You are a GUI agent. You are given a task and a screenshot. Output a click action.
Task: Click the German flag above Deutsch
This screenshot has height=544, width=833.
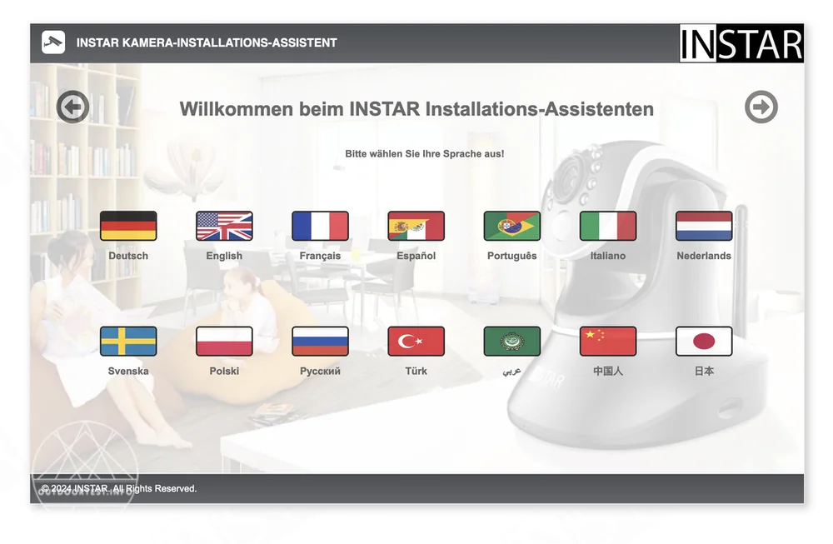click(x=128, y=226)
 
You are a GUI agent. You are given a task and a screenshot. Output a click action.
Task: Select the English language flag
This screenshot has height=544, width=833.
click(x=224, y=226)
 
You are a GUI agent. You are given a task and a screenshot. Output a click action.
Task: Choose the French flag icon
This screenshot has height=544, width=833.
click(x=321, y=226)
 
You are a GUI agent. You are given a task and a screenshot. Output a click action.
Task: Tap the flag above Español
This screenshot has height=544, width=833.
click(x=416, y=226)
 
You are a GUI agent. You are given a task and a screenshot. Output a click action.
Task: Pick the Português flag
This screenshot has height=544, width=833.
click(x=512, y=226)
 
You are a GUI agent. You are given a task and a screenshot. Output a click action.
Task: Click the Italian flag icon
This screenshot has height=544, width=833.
click(x=608, y=226)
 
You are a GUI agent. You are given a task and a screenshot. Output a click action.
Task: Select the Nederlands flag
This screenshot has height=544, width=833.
click(x=704, y=226)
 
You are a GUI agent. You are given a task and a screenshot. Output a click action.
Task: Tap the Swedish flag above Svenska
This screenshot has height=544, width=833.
click(x=128, y=341)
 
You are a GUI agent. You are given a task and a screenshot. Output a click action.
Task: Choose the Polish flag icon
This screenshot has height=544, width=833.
click(x=224, y=341)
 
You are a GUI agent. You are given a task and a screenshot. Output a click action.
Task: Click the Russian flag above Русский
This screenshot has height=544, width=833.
click(x=321, y=341)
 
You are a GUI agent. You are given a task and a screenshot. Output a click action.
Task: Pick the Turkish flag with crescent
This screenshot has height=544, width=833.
click(x=416, y=341)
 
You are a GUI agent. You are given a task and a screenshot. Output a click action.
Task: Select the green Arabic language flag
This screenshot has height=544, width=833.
click(x=512, y=341)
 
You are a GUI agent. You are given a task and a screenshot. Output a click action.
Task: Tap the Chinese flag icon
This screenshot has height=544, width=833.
click(x=608, y=341)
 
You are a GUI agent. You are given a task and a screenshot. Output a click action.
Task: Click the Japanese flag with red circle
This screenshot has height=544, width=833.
click(x=704, y=341)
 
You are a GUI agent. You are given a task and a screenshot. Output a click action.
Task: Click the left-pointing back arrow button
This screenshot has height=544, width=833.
click(x=72, y=107)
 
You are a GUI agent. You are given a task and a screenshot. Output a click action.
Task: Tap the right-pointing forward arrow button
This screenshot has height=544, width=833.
click(x=761, y=107)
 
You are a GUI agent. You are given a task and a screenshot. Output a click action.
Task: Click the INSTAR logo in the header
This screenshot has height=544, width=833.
click(x=741, y=43)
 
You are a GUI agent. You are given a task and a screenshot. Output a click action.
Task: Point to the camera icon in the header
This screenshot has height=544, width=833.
click(x=53, y=42)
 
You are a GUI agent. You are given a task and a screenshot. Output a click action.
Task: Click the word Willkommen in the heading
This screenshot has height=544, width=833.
click(x=237, y=109)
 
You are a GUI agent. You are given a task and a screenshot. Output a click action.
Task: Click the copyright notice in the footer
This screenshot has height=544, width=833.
click(x=119, y=488)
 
